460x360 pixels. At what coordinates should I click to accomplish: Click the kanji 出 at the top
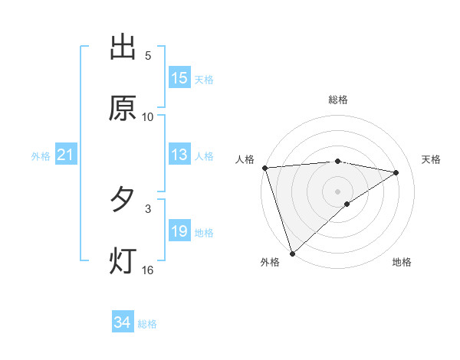coord(123,47)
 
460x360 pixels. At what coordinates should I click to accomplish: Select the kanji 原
coord(123,108)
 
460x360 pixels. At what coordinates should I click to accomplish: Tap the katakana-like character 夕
coord(123,200)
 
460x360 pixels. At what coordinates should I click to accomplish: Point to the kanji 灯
coord(123,260)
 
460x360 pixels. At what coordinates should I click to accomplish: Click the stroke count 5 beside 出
coord(148,56)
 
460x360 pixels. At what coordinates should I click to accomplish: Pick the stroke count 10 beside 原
coord(148,116)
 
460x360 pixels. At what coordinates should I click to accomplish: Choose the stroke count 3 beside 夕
coord(148,208)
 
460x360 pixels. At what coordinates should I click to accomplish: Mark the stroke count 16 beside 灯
coord(148,270)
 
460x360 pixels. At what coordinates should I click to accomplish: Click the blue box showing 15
coord(179,78)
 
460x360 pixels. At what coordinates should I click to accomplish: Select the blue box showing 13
coord(179,155)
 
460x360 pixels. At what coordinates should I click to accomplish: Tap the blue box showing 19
coord(179,231)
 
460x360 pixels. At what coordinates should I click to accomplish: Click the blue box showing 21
coord(66,155)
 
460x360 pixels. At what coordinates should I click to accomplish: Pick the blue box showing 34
coord(123,323)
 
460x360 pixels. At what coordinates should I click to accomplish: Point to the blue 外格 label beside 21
coord(41,156)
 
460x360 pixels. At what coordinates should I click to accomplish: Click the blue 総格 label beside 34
coord(148,324)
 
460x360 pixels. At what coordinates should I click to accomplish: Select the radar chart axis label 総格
coord(338,100)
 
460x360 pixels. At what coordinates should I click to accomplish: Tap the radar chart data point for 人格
coord(264,168)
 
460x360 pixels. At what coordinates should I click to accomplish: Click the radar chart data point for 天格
coord(396,172)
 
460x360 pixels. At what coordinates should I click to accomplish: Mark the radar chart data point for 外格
coord(291,253)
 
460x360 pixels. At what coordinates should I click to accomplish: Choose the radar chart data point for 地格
coord(347,204)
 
